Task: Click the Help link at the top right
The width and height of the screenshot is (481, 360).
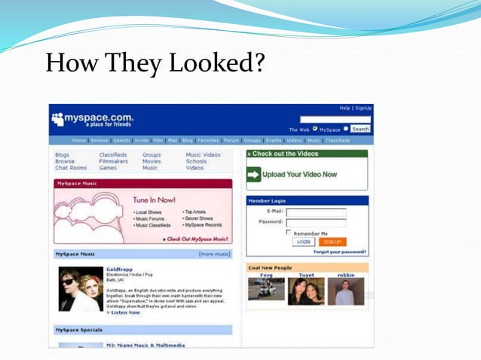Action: [345, 108]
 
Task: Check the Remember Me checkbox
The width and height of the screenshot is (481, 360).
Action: [289, 233]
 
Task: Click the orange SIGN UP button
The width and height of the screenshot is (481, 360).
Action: [332, 242]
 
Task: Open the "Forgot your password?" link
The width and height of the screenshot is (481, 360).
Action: [340, 252]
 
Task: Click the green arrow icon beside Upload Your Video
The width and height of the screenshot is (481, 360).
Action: [253, 175]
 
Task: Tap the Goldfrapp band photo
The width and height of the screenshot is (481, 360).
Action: [81, 289]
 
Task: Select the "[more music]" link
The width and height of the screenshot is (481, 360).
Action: [214, 254]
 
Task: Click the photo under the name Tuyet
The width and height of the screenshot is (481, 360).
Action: [306, 291]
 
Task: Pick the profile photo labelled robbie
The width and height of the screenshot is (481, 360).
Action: [345, 291]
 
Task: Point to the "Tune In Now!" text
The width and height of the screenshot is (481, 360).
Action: [154, 200]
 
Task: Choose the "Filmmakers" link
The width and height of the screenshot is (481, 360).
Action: [114, 161]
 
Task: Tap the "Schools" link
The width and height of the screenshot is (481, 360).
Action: [196, 161]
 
